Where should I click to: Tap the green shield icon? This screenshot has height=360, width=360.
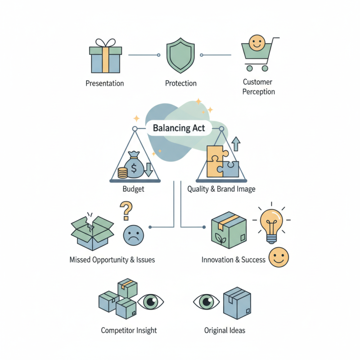(x=180, y=56)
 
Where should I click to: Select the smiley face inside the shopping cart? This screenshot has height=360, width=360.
(x=256, y=44)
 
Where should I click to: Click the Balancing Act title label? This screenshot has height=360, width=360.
(x=179, y=128)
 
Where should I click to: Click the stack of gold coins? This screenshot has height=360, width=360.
(x=122, y=172)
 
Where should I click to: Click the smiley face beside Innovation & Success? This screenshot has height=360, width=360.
(x=279, y=257)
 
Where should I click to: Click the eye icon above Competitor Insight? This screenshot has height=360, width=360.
(x=151, y=301)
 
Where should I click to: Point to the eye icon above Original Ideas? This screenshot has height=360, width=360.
(x=206, y=301)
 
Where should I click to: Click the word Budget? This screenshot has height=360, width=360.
(x=133, y=189)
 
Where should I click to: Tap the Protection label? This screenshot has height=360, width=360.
(x=180, y=83)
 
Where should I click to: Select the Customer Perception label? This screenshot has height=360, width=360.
(x=258, y=87)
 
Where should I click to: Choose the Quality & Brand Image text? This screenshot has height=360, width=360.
(x=221, y=189)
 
